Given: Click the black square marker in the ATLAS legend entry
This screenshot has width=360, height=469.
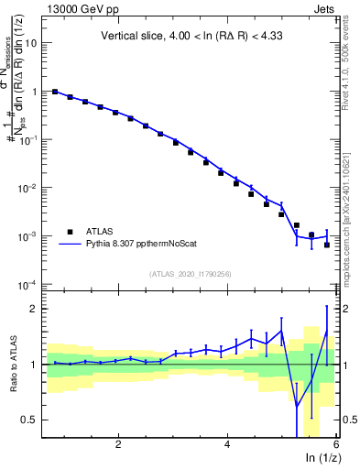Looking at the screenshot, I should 69,232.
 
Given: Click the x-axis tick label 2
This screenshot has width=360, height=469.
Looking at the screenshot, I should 118,445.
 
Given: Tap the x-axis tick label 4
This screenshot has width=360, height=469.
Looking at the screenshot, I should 227,445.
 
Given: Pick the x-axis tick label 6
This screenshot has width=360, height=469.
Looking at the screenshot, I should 336,445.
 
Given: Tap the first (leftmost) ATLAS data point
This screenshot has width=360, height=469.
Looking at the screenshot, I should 55,92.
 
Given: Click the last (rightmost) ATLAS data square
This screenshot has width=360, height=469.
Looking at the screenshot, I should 327,245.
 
